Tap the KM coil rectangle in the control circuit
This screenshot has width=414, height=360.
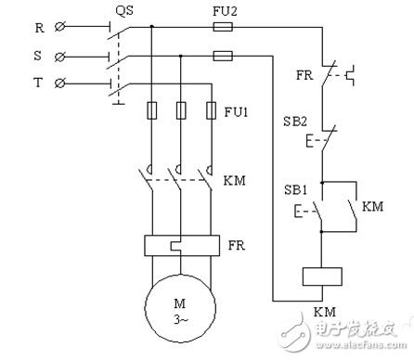(x=322, y=276)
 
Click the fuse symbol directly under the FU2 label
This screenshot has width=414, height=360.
(x=223, y=28)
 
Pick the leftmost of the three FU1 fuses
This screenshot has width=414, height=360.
(x=151, y=111)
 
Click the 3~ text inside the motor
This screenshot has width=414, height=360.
(x=179, y=317)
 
